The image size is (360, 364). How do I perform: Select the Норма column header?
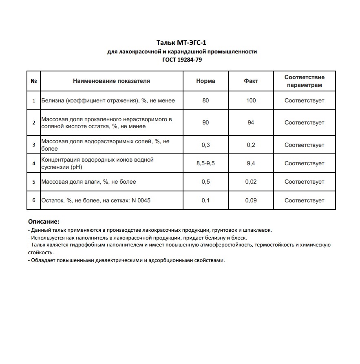click(205, 81)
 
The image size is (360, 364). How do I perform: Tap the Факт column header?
click(251, 81)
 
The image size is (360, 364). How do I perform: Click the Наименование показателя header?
click(111, 81)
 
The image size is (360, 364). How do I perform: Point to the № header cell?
click(33, 81)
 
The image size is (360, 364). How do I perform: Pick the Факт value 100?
click(251, 100)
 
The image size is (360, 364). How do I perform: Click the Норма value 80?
click(205, 100)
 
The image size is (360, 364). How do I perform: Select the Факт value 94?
click(251, 122)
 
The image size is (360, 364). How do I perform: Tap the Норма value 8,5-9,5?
click(205, 163)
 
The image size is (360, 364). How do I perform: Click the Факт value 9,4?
click(251, 163)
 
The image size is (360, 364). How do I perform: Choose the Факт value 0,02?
click(251, 182)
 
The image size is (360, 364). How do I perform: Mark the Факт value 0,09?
click(251, 200)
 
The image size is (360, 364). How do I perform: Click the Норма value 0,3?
click(205, 145)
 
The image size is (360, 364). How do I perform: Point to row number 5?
click(33, 182)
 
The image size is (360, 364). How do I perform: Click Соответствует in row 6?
click(304, 200)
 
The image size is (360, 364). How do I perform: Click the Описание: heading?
click(43, 222)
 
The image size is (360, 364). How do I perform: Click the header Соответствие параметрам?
click(304, 81)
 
